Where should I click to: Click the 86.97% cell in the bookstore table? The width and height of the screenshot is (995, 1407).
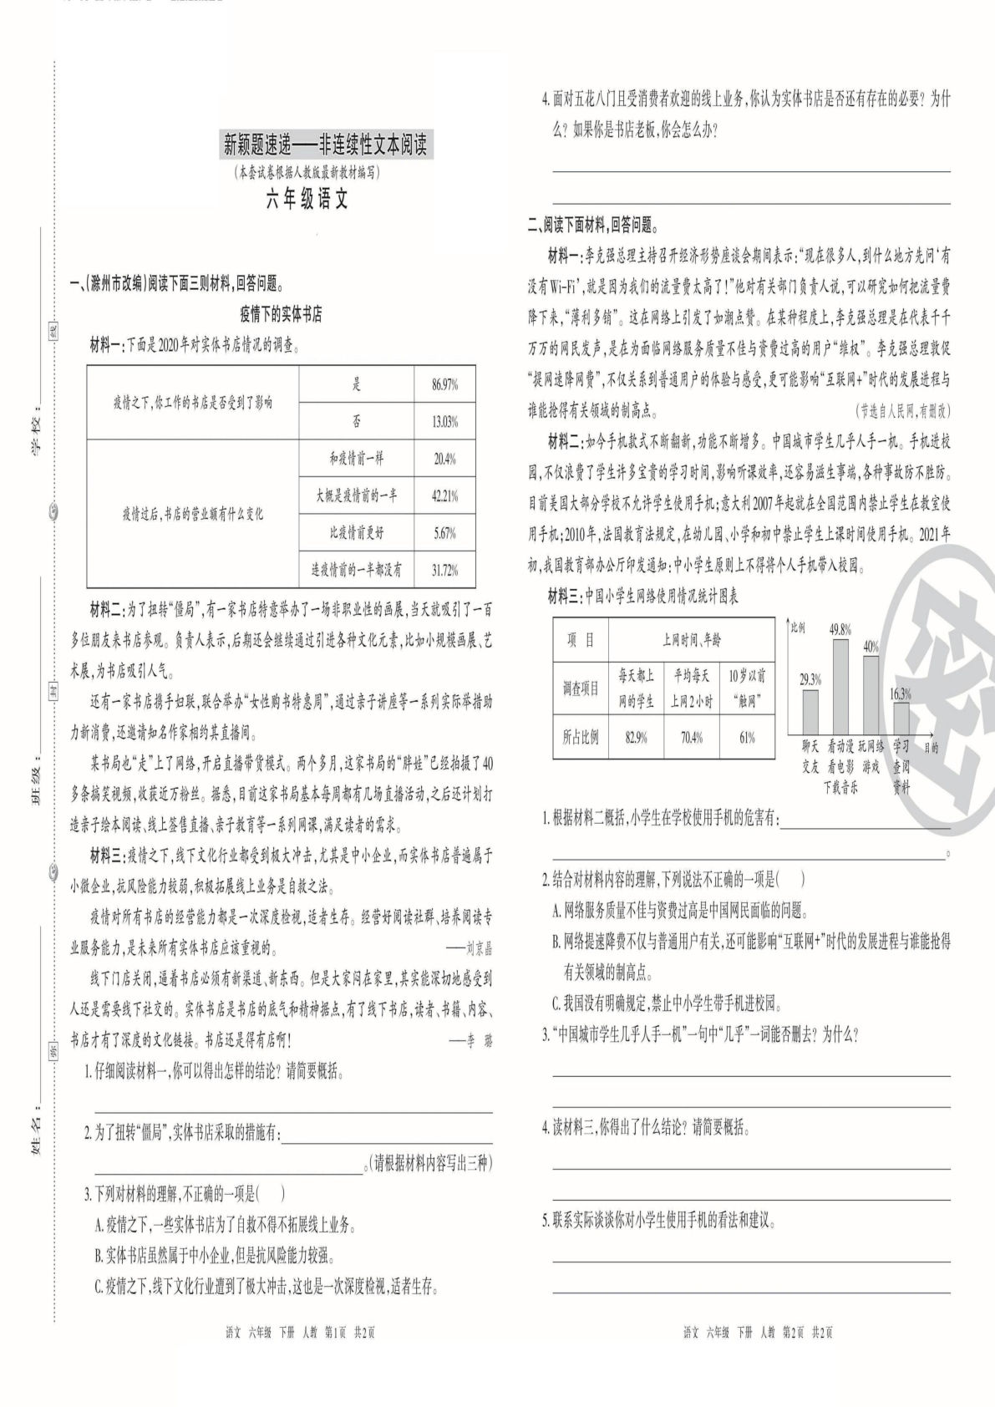pyautogui.click(x=444, y=385)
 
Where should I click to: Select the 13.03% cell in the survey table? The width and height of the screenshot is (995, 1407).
pyautogui.click(x=444, y=423)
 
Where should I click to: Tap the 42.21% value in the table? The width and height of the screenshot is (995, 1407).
pyautogui.click(x=444, y=496)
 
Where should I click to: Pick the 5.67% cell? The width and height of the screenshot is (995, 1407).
pyautogui.click(x=444, y=533)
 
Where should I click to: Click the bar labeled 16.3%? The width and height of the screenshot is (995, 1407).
pyautogui.click(x=901, y=718)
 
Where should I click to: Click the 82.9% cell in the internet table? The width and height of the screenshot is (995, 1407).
pyautogui.click(x=636, y=738)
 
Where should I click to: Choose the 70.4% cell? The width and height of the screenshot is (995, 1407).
pyautogui.click(x=691, y=738)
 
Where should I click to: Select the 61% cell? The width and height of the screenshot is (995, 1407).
pyautogui.click(x=746, y=738)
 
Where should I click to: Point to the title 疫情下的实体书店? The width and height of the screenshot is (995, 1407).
pyautogui.click(x=281, y=315)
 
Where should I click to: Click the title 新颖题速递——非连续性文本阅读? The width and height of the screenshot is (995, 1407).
pyautogui.click(x=324, y=146)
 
